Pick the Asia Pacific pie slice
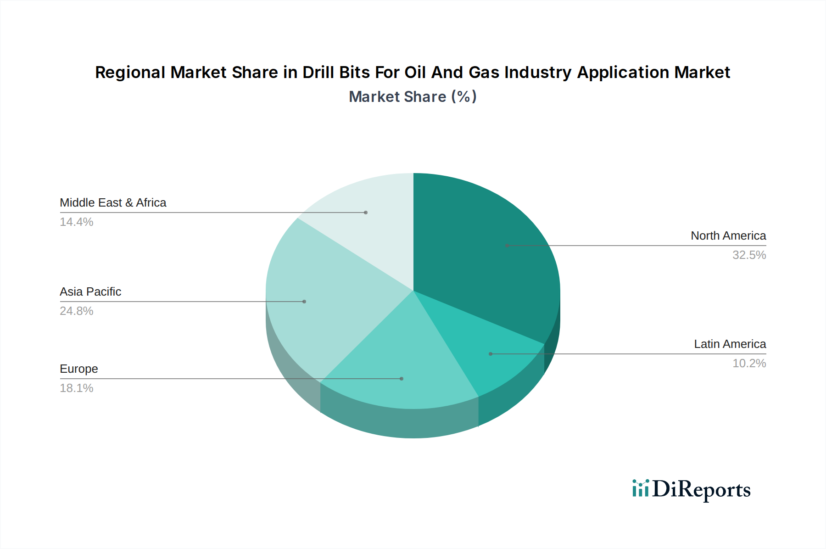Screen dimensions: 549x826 coord(321,294)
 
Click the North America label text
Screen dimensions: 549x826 coord(728,235)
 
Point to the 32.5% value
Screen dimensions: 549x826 coord(749,255)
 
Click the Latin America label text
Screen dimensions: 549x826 coord(730,344)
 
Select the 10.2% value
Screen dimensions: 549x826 coord(749,364)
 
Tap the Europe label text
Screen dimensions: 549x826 coord(79,369)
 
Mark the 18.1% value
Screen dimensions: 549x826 coord(77,388)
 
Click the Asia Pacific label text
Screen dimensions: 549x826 coord(90,291)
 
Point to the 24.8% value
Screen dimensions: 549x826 coord(77,311)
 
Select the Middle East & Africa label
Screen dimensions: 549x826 coord(113,202)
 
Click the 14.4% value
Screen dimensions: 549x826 coord(77,222)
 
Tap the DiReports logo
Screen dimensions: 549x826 coord(691,489)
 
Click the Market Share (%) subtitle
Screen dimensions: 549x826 coord(413,97)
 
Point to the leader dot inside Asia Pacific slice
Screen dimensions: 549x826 coord(304,302)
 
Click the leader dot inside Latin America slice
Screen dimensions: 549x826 coord(491,354)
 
